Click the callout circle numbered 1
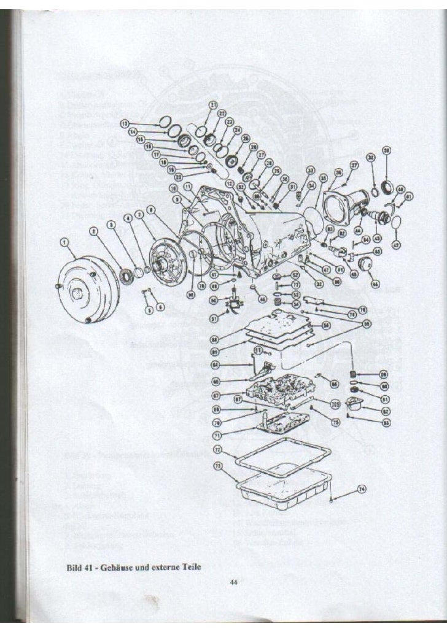click(x=64, y=244)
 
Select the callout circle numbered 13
click(x=125, y=123)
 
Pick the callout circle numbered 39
click(x=386, y=150)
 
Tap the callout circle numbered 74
click(x=361, y=488)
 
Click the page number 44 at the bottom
click(x=233, y=583)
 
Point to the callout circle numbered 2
click(x=93, y=231)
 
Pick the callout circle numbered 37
click(x=354, y=166)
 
